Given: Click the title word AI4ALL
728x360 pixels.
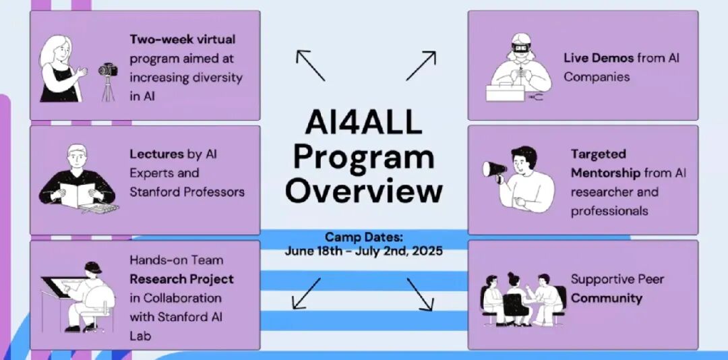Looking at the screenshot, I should pos(363,124).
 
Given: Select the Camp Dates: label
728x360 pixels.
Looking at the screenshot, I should pos(363,237).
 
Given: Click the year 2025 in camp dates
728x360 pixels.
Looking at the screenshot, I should pos(427,251).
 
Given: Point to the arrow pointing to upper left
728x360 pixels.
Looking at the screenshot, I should pos(310,65).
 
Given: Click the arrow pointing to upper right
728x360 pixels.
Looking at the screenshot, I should pos(421,65).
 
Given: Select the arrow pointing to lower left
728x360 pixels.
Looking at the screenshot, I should pos(307,293).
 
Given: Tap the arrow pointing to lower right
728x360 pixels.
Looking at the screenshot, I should pos(419,294).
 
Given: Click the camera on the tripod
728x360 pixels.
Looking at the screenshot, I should pos(108,70).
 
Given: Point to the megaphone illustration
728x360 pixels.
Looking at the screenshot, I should pos(495,169).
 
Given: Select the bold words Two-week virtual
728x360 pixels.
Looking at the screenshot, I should pos(183,39).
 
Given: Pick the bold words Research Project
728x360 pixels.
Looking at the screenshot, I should pos(182,278).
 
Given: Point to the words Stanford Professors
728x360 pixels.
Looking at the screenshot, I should pos(187,192).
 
